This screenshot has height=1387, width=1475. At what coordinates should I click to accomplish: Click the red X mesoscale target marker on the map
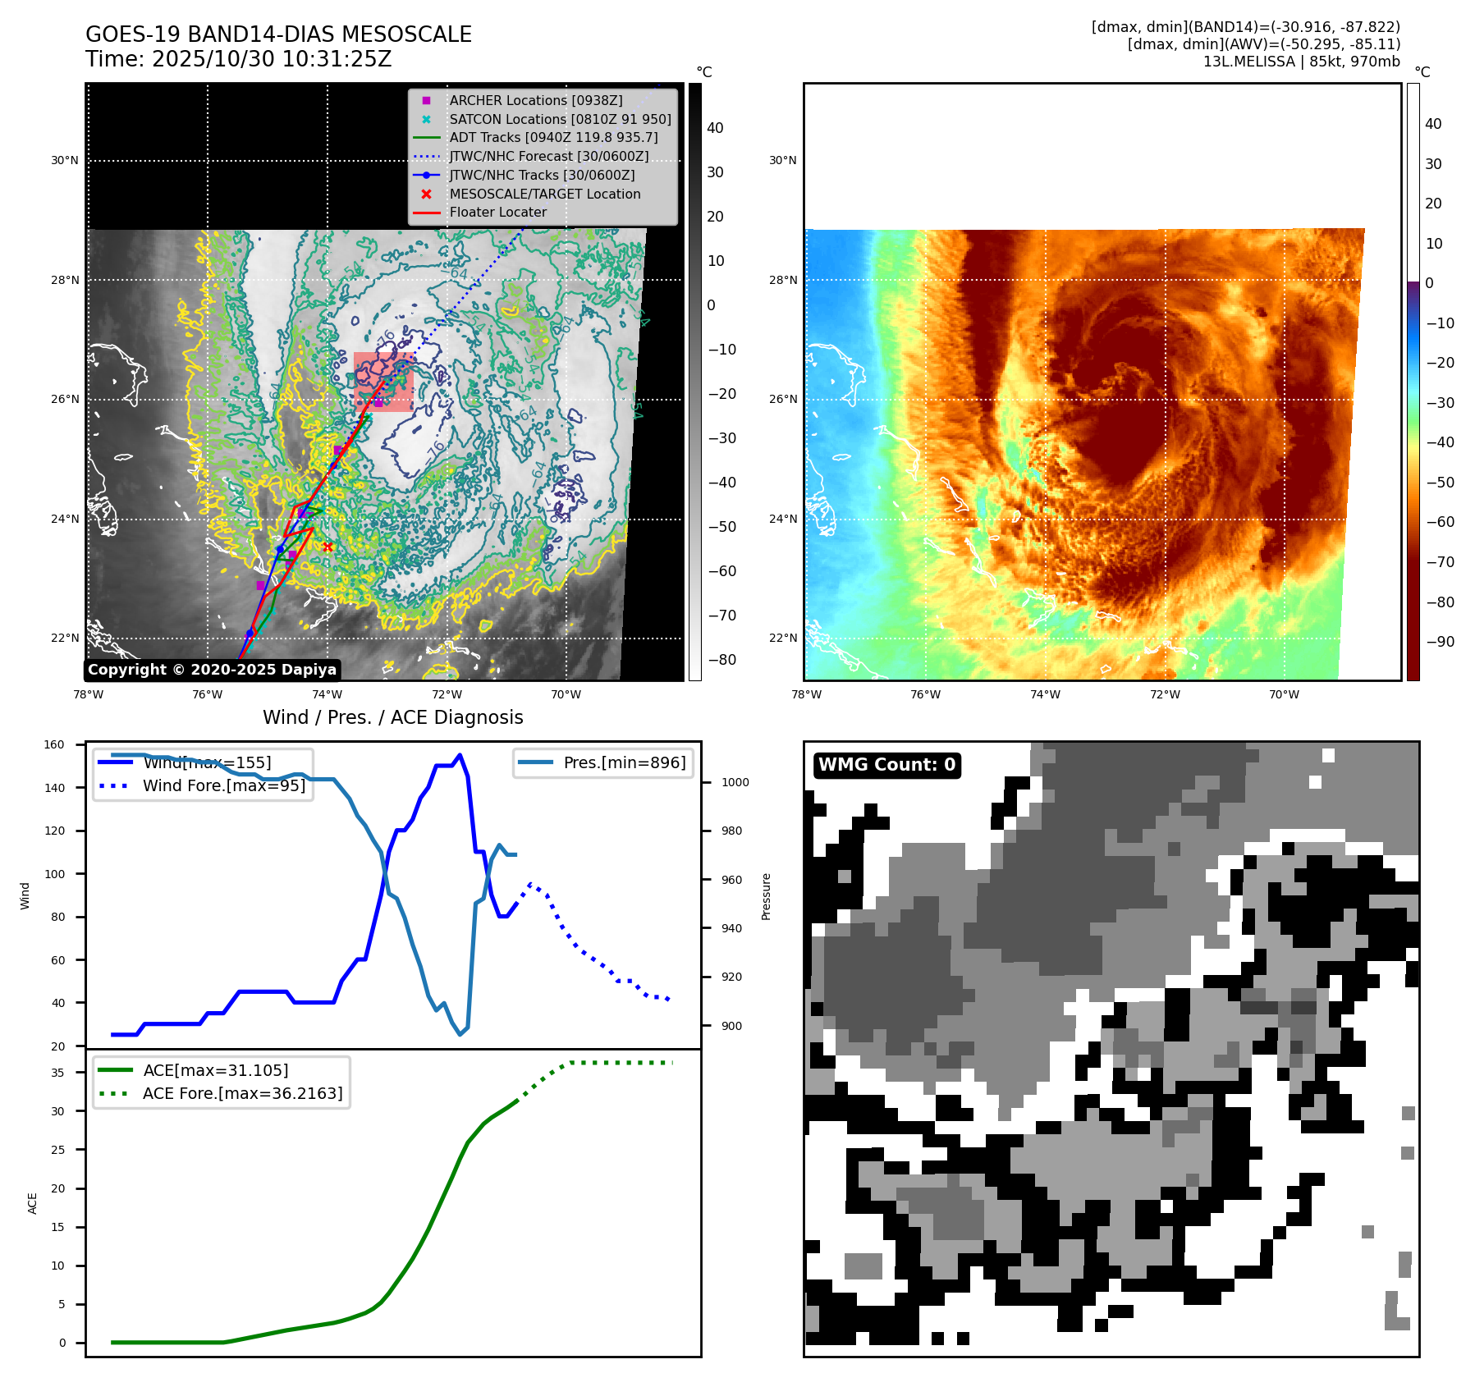pos(328,547)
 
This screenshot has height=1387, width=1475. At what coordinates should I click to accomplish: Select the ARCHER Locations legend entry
pos(535,100)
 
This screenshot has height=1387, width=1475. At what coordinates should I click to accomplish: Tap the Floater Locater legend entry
pos(497,212)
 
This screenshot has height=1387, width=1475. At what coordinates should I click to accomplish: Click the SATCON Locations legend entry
pos(560,119)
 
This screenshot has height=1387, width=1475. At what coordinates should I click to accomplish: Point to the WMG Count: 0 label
pos(886,765)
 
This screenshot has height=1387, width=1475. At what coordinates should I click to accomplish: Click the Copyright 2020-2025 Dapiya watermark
pos(212,670)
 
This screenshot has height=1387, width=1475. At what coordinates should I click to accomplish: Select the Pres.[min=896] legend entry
pos(624,762)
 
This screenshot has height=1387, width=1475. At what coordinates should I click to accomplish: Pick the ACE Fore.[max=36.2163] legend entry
pos(242,1093)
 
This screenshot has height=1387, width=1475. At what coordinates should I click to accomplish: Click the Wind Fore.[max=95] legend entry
pos(223,785)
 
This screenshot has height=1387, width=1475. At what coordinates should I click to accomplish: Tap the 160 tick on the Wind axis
pos(54,745)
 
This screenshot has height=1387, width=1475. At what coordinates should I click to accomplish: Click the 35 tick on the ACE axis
pos(57,1073)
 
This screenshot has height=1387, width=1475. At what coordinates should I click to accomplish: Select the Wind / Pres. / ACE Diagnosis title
pos(392,717)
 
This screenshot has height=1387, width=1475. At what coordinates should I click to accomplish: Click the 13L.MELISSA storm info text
pos(1301,62)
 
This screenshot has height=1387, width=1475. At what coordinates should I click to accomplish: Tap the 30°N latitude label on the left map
pos(65,161)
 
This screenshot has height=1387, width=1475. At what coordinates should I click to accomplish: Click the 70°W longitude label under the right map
pos(1284,695)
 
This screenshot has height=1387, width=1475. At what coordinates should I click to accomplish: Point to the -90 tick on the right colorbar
pos(1440,642)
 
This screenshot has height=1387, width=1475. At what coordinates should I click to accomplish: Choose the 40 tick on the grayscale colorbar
pos(715,128)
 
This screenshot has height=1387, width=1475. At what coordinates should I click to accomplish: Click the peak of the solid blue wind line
pos(460,755)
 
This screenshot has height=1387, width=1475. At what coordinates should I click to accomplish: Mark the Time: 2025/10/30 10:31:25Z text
pos(239,59)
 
